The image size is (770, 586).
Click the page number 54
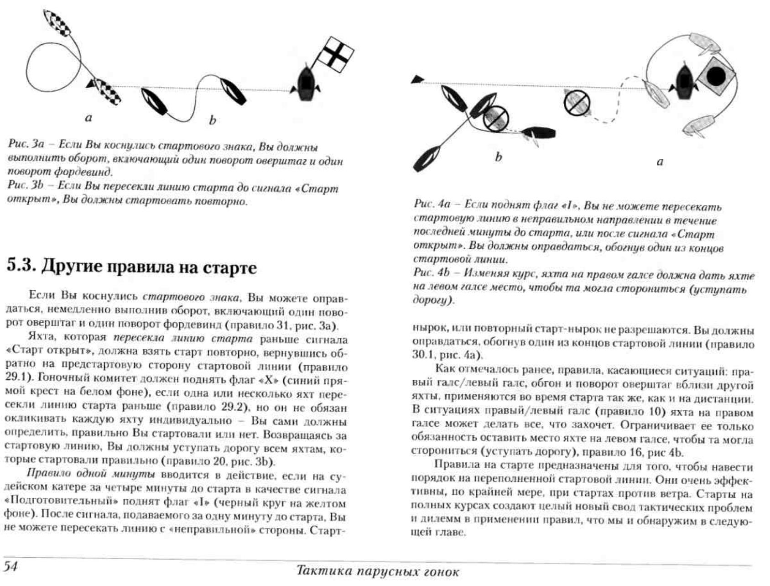[x=10, y=566]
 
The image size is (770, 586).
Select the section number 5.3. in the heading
[x=21, y=267]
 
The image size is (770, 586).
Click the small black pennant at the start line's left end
[x=417, y=79]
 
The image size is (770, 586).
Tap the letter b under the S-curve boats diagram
[x=212, y=120]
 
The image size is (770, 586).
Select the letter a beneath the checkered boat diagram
[x=88, y=118]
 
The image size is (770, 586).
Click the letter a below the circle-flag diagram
[x=660, y=162]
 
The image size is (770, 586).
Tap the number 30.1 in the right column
[x=421, y=354]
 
